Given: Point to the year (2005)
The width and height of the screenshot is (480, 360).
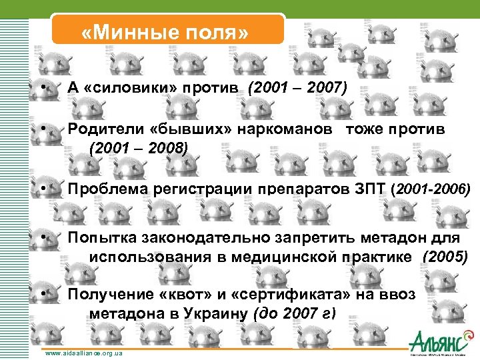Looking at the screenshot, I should click(445, 256).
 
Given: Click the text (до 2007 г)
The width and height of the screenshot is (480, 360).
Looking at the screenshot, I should click(291, 313).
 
